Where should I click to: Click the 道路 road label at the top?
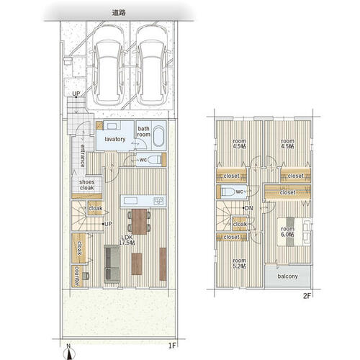(119, 13)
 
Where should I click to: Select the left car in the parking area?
(108, 65)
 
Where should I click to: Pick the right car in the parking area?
(151, 65)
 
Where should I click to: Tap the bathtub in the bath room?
(158, 136)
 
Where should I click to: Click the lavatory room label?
(115, 139)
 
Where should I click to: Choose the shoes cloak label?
(87, 185)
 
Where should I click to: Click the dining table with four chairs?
(139, 222)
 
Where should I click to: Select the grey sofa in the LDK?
(112, 264)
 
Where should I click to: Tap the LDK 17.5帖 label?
(127, 240)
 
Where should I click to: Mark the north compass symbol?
(69, 353)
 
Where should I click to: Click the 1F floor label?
(172, 346)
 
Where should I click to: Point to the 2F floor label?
(307, 296)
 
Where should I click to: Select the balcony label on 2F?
(287, 276)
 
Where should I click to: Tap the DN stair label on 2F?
(248, 208)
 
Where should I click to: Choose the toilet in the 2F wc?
(228, 192)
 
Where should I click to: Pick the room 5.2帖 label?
(239, 264)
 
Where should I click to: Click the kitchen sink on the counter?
(130, 201)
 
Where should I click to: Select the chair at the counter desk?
(86, 276)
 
